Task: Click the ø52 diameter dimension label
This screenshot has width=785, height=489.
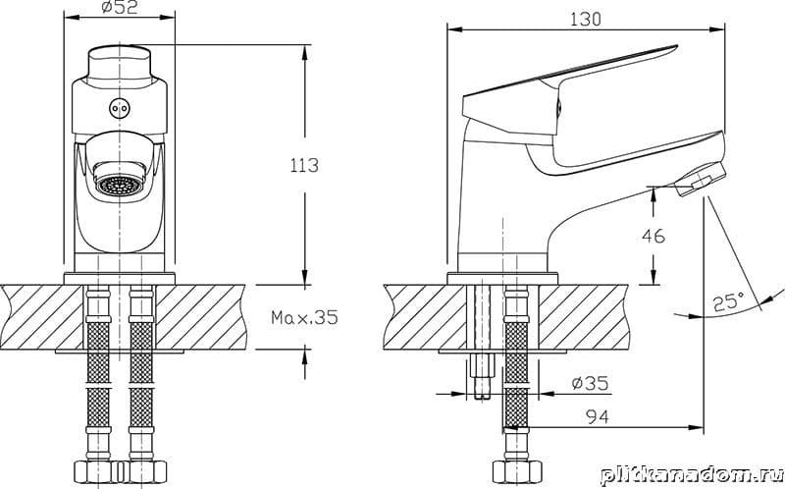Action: [119, 8]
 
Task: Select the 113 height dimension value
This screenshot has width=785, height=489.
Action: [304, 165]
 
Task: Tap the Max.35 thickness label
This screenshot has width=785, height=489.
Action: [304, 317]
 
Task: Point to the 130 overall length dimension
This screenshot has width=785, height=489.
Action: [585, 19]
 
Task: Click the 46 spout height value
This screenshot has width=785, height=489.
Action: [654, 236]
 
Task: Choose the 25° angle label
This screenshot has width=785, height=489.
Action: [728, 302]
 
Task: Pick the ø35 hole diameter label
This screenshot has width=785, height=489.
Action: [590, 383]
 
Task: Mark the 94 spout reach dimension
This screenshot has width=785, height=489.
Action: [598, 416]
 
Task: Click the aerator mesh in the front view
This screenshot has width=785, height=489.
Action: [120, 186]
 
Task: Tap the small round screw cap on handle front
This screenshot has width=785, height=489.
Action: [120, 108]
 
